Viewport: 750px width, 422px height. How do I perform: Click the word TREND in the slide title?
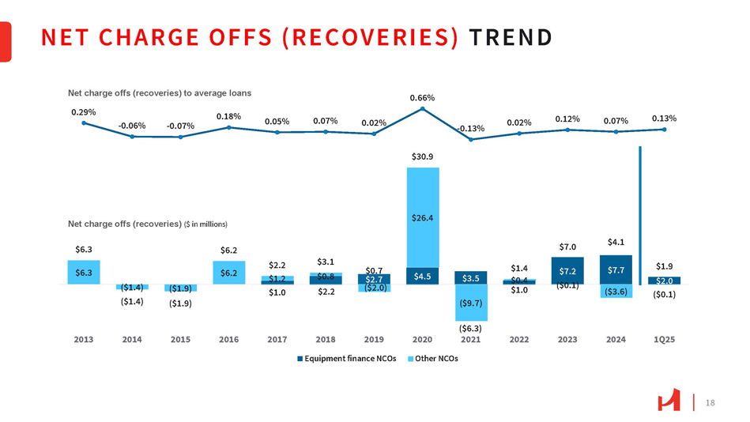(x=511, y=37)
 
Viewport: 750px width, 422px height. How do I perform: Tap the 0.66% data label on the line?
(x=422, y=97)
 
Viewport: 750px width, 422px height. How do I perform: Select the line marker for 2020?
(x=422, y=108)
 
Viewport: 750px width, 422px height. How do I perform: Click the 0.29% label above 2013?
(x=83, y=112)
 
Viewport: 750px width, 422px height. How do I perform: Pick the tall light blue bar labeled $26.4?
(x=422, y=217)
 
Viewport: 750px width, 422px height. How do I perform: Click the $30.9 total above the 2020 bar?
(x=422, y=157)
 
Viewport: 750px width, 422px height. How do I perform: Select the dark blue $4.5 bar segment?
(x=422, y=276)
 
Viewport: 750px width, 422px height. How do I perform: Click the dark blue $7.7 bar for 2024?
(x=616, y=269)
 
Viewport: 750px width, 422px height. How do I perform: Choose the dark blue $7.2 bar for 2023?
(x=567, y=270)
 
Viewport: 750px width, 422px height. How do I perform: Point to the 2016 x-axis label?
(x=228, y=339)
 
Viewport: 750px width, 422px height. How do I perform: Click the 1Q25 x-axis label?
(x=664, y=339)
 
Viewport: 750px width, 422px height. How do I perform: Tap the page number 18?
(x=710, y=403)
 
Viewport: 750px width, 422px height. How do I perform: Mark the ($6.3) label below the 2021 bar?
(x=471, y=327)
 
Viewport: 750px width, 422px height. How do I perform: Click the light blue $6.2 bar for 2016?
(x=228, y=272)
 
